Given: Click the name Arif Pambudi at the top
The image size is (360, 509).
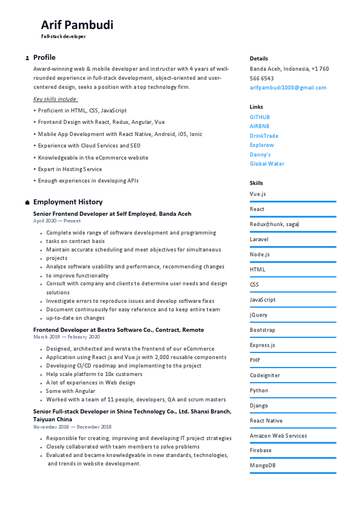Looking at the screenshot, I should pos(77,25).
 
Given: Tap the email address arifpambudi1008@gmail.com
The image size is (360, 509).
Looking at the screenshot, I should pos(288,88).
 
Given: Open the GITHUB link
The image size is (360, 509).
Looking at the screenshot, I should pos(260,117).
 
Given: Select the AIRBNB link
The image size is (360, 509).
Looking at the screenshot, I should pos(260,126).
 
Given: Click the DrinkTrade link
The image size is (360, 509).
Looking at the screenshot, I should pos(264,136).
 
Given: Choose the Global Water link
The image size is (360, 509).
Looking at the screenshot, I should pos(267,164).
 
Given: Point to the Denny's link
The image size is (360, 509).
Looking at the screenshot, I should pos(260,155).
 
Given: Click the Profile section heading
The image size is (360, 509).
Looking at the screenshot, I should pos(44,57).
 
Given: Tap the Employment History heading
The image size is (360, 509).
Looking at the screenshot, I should pos(68,202).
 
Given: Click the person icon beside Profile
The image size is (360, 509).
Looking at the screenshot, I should pos(27,58).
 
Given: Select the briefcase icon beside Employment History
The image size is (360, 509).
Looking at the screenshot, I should pos(27,203).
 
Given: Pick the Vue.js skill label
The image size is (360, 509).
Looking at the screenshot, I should pos(258,194).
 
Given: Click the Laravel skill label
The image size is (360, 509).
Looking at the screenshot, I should pos(259,239).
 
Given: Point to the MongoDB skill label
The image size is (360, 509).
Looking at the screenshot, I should pos(263,465).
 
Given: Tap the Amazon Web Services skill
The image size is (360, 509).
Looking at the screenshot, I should pos(278,435).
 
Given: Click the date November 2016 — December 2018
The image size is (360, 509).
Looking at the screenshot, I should pos(72,427).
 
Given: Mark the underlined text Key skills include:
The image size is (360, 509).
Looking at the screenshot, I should pos(56,99).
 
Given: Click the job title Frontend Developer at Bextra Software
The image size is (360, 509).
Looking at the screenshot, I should pos(119,330).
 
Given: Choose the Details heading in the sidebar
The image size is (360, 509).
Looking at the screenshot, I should pos(258,59).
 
